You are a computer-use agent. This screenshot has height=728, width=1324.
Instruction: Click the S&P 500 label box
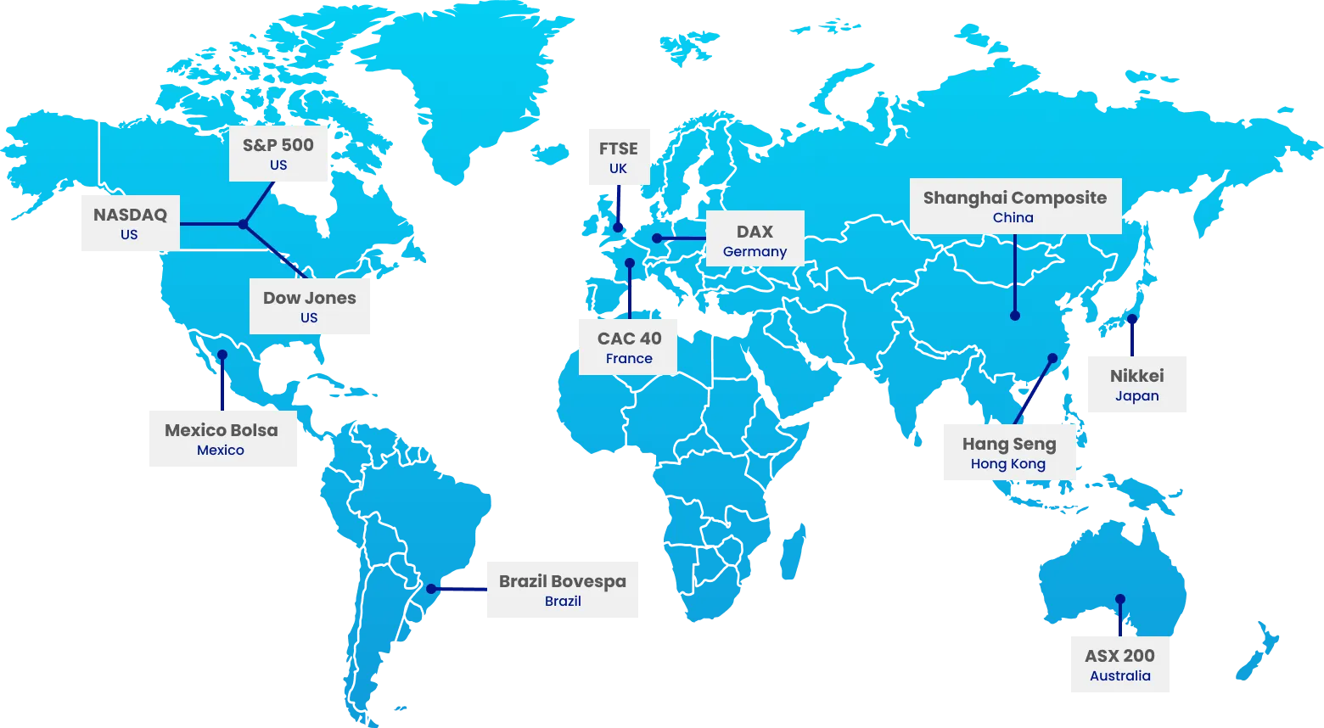point(278,154)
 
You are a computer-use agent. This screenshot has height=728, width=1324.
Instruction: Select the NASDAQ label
point(130,223)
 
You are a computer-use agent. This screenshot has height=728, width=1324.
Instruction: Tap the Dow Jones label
point(310,307)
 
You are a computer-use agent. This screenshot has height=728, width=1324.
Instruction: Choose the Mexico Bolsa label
point(222,438)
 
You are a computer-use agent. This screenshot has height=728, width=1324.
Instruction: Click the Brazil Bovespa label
point(561,590)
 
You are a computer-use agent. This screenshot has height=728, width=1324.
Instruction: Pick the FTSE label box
point(618,158)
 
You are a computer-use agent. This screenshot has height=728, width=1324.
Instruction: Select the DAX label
point(755,239)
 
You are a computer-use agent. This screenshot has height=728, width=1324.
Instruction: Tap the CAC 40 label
point(629,346)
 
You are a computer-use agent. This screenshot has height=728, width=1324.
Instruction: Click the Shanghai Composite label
point(1015,206)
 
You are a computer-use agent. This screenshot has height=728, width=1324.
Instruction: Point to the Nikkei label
point(1136,384)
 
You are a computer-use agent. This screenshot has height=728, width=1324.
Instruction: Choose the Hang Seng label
point(1010,453)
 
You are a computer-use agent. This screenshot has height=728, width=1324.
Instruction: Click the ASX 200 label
point(1120,664)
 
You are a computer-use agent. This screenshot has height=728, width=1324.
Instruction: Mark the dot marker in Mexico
point(222,355)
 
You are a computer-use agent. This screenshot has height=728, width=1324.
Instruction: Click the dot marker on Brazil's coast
point(431,589)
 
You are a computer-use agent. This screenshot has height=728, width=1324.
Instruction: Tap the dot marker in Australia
point(1120,598)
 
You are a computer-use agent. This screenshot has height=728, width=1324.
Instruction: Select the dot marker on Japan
point(1132,319)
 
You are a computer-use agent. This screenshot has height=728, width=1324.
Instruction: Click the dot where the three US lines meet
point(243,225)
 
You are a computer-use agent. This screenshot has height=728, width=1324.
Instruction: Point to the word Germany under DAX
point(755,252)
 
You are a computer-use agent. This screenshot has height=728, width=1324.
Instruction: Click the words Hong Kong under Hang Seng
point(1008,464)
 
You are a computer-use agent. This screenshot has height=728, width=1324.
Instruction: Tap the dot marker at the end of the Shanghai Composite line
point(1015,316)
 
